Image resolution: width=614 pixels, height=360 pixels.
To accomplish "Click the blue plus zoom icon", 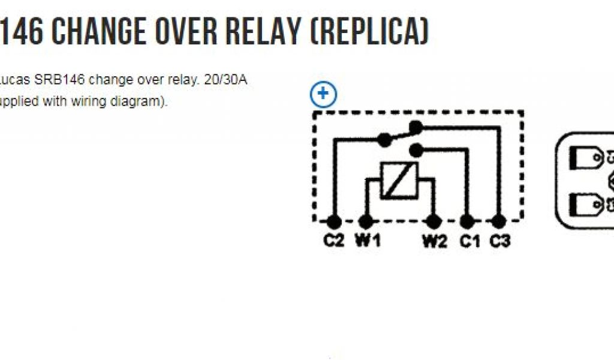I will pos(324,94).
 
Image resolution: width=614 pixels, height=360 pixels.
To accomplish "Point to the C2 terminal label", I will pos(334,241).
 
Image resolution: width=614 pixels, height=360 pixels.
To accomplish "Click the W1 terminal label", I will pos(367,241).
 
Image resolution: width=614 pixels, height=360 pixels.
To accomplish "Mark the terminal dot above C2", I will pos(335,221).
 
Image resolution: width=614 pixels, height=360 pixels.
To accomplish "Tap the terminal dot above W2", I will pos(433,221).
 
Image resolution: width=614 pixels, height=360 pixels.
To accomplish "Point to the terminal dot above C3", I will pos(498,221).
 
